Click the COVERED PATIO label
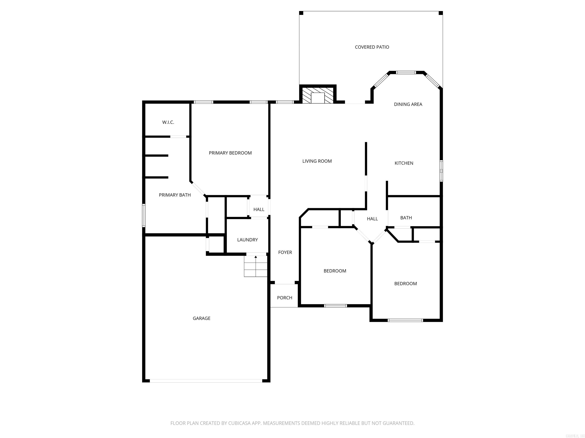[x=372, y=47]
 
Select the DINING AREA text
[x=408, y=104]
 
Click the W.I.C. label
[x=168, y=122]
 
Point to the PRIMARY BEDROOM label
[x=230, y=153]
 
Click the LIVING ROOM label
[x=317, y=161]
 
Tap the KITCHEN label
[x=404, y=163]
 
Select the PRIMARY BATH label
[x=175, y=195]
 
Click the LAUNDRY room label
[x=247, y=240]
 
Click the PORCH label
[x=284, y=298]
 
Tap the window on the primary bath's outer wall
[x=144, y=215]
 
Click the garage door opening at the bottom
[x=206, y=381]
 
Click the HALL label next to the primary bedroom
[x=259, y=209]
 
